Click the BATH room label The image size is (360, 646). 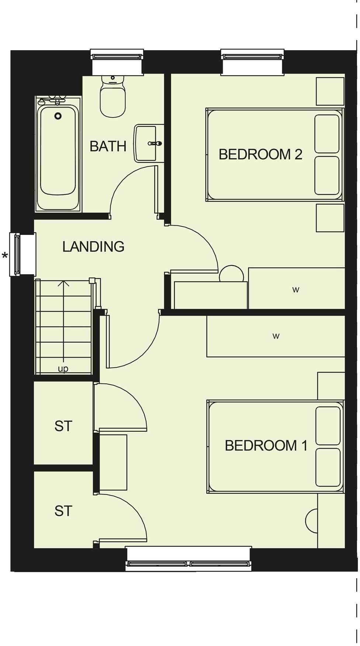[x=108, y=146]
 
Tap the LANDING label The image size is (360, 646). [x=93, y=246]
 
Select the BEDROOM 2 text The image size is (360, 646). [x=260, y=154]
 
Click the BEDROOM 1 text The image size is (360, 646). [x=266, y=445]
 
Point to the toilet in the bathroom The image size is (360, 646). [x=112, y=98]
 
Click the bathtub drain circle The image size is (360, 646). [x=58, y=116]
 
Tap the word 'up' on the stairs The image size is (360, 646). [x=63, y=368]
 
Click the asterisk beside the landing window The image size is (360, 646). [x=5, y=255]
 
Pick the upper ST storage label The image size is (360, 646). [x=63, y=426]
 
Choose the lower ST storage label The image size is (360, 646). [x=63, y=511]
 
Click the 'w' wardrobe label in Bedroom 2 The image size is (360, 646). [x=295, y=290]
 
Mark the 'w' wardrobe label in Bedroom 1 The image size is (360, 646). [x=276, y=336]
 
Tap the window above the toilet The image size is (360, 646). [x=117, y=56]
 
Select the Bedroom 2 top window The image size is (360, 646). [x=252, y=56]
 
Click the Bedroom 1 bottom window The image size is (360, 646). [x=188, y=563]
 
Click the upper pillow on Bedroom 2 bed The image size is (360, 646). [x=327, y=133]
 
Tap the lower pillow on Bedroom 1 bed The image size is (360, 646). [x=328, y=467]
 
